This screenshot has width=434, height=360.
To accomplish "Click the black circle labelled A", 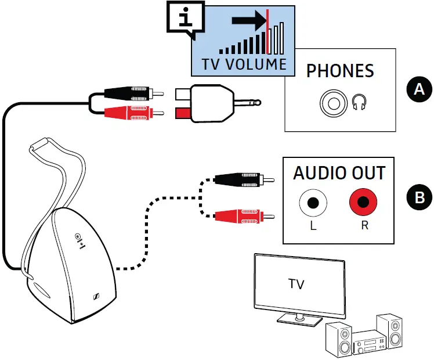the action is click(x=419, y=89).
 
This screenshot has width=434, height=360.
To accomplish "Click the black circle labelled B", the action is click(x=419, y=197).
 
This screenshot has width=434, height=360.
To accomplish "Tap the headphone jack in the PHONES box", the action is click(x=333, y=103).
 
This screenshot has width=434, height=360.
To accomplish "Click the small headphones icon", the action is click(x=359, y=102).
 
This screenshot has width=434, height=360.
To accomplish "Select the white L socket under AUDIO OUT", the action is click(x=313, y=203).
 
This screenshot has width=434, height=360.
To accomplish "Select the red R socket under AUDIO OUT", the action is click(x=363, y=202).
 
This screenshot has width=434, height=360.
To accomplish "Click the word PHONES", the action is click(x=340, y=71).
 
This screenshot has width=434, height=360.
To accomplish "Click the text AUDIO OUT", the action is click(x=339, y=173).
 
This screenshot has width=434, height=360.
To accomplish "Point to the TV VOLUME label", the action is click(x=244, y=64).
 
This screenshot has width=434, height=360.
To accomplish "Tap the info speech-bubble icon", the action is click(x=186, y=19).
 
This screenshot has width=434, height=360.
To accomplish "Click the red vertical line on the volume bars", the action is click(x=267, y=31).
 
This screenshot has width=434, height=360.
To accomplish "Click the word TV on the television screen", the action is click(x=296, y=284).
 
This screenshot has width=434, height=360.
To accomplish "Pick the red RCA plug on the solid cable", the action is click(x=134, y=113).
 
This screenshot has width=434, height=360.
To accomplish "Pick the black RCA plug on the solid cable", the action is click(x=134, y=93).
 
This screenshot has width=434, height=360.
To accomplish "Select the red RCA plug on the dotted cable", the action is click(x=244, y=216).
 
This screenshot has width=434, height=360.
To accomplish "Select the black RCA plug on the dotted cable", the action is click(x=244, y=180).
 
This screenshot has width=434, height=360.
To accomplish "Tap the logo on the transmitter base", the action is click(x=96, y=296).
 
